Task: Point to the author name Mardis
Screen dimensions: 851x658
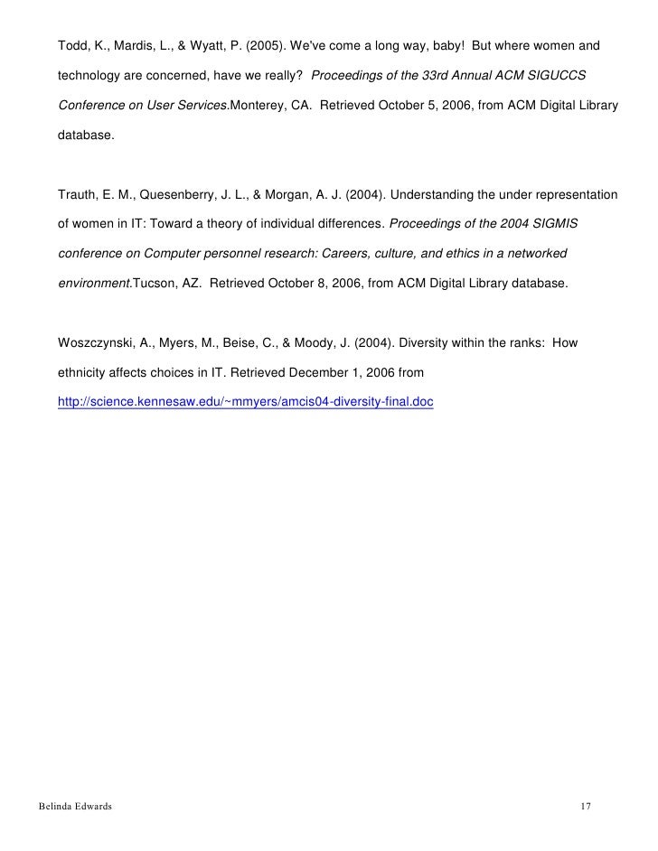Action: click(x=134, y=45)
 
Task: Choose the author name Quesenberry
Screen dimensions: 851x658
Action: click(x=175, y=194)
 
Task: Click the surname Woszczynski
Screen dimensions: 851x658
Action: click(x=99, y=342)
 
